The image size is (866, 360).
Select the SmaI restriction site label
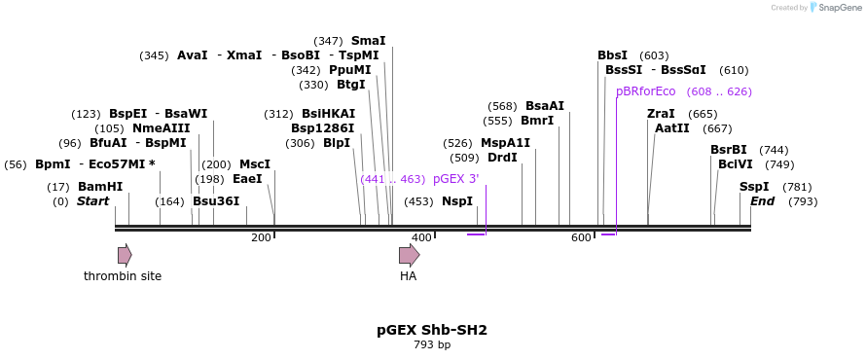(369, 40)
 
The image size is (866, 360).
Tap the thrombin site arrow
(125, 255)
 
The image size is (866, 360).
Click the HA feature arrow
(410, 255)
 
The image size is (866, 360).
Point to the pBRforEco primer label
(646, 91)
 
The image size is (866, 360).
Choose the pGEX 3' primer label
(456, 179)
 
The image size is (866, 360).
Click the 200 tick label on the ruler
(261, 237)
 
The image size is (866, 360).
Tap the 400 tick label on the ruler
(421, 237)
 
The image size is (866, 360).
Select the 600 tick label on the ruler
(581, 237)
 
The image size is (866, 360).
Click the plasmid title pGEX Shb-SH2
(432, 330)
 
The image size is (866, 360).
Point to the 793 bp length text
(432, 345)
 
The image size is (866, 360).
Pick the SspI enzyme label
(754, 187)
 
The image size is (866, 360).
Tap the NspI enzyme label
(457, 201)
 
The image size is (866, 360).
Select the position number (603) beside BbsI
(654, 55)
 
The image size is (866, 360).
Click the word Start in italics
(92, 201)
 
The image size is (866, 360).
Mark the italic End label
(762, 201)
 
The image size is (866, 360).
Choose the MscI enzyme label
(255, 164)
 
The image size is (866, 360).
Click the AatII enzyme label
(672, 128)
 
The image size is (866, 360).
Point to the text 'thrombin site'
(123, 275)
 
